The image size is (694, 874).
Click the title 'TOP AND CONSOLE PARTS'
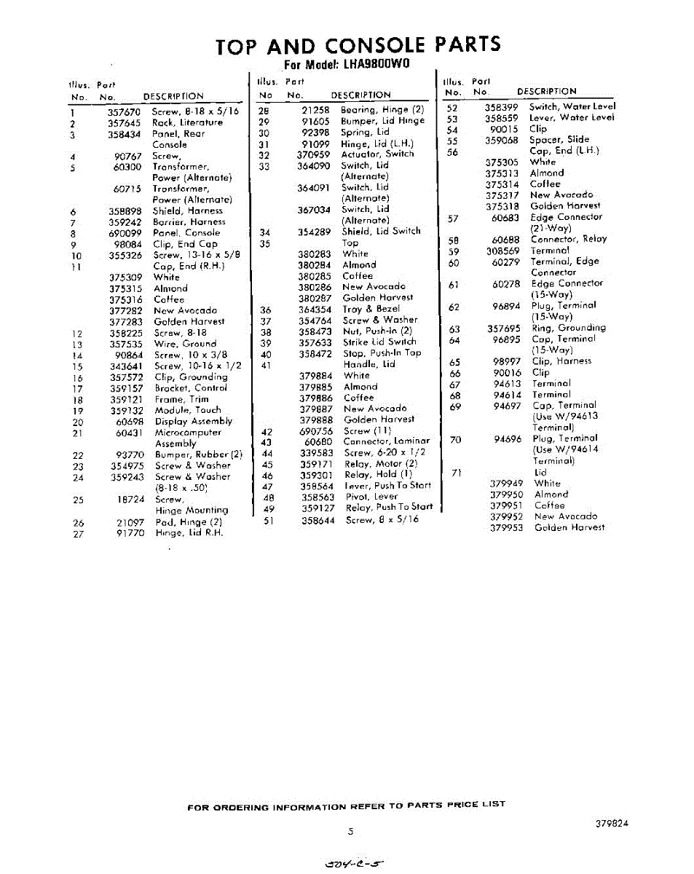pos(358,45)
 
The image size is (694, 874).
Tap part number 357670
pos(124,112)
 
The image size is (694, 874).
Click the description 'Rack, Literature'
pos(187,123)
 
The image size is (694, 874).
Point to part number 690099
pos(125,233)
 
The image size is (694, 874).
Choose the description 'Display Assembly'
pos(194,422)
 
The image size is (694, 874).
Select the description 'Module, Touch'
pos(188,411)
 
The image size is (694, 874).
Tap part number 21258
pos(316,110)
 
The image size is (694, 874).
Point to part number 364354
pos(314,310)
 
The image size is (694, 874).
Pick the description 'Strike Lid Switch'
pos(379,342)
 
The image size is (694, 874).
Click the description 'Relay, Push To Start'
pos(389,508)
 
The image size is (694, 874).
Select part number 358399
pos(501,107)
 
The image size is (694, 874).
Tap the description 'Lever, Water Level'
pos(572,118)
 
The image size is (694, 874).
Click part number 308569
pos(503,251)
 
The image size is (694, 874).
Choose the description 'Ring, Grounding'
pos(569,328)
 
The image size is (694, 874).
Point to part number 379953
pos(506,528)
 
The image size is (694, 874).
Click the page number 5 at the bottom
pos(350,832)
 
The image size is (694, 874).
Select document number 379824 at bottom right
pos(611,824)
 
